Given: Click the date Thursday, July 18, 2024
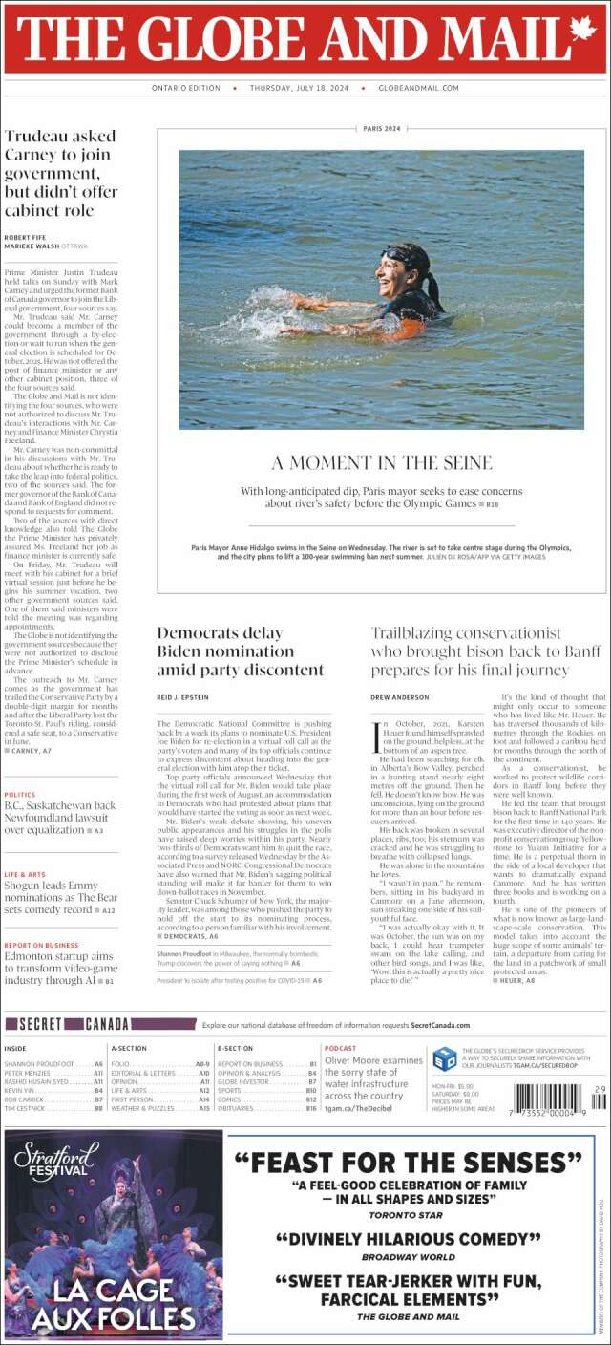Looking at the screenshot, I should coord(299,88).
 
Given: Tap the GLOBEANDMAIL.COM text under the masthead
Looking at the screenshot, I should coord(419,88).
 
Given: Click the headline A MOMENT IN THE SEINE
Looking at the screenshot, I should coord(382,463).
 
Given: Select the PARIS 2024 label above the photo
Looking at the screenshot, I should coord(382,128).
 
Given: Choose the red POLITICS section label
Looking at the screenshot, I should coord(20,795).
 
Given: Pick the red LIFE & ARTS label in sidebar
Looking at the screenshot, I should coord(25,874).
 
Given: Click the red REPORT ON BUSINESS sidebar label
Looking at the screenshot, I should coord(41,945).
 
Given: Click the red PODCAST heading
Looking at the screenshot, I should coord(341,1049).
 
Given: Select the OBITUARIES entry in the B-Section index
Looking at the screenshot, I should coord(242,1108).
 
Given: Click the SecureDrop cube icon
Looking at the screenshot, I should coord(444,1058).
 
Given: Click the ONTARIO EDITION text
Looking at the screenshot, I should coord(186,88).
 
